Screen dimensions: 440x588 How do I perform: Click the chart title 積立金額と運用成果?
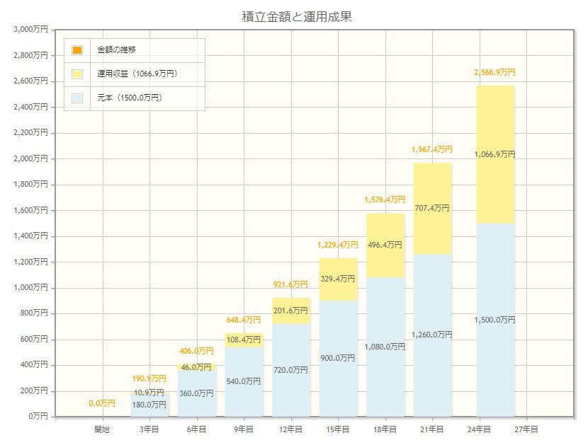(x=296, y=16)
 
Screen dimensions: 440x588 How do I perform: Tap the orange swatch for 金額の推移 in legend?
(x=77, y=50)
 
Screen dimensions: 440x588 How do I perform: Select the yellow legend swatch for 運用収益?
(x=77, y=74)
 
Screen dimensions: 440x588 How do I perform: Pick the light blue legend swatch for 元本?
(x=77, y=98)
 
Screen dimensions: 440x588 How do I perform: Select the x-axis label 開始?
(x=103, y=429)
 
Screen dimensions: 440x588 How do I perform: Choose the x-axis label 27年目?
(x=526, y=429)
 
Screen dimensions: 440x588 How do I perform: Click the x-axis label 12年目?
(x=290, y=429)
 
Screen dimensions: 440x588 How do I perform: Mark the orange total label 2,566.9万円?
(x=495, y=72)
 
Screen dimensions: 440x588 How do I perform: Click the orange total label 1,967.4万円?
(x=432, y=150)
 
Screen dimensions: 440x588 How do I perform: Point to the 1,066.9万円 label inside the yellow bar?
(x=495, y=154)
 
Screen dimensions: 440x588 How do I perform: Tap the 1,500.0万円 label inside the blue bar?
(x=495, y=320)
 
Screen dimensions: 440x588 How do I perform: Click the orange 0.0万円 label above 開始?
(x=102, y=404)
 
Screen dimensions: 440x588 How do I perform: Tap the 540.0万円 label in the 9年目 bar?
(x=244, y=381)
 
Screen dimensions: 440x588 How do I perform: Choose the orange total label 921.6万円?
(x=290, y=284)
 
